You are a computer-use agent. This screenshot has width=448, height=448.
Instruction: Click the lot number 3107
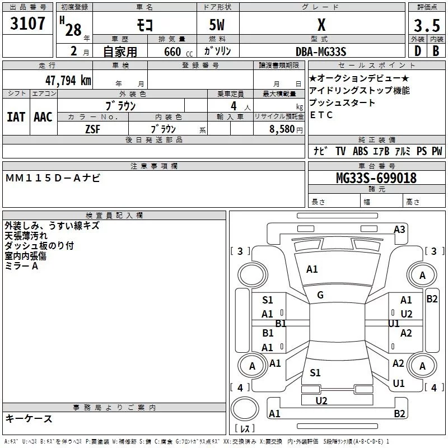coord(27,24)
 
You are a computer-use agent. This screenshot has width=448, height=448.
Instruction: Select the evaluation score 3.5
coord(427,26)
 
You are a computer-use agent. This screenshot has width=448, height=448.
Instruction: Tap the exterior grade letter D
coord(417,52)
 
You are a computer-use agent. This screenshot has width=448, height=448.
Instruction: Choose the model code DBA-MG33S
coord(321,52)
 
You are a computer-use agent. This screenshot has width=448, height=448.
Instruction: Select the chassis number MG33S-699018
coord(376,179)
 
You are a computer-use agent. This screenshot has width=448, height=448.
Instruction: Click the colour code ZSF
coord(92,128)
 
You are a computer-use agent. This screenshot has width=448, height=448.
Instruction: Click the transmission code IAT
coord(16,117)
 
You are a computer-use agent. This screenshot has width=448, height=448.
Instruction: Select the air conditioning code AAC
coord(43,117)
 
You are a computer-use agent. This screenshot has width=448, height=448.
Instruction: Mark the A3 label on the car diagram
coord(399,229)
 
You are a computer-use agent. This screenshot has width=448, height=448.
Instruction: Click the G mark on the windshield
coord(320,295)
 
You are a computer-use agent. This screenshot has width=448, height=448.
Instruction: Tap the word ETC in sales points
coord(321,115)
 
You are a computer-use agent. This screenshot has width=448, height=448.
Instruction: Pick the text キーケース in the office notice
coord(29,419)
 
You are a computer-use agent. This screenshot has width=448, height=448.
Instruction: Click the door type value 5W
coord(217,25)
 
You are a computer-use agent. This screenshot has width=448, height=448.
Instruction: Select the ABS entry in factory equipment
coord(360,151)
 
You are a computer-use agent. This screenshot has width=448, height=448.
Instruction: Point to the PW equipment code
coord(437,151)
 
